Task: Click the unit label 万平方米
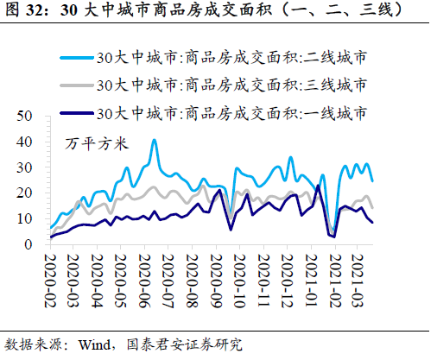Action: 96,144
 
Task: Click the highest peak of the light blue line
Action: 155,140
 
